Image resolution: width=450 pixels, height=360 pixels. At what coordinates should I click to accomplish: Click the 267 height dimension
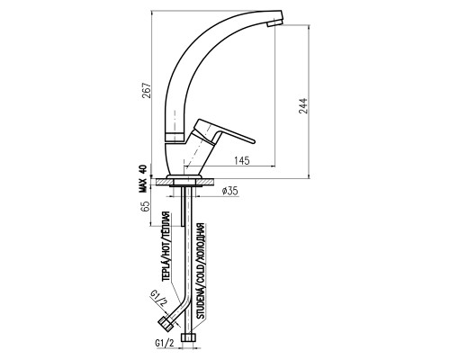147,90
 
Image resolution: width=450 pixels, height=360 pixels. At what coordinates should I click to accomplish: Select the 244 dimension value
303,105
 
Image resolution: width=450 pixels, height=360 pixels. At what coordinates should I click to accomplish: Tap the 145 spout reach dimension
241,161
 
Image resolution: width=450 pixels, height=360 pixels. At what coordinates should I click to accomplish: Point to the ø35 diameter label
230,191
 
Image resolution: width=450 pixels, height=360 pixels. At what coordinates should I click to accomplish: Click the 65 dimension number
145,206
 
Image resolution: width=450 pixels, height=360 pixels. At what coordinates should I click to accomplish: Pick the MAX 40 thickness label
142,178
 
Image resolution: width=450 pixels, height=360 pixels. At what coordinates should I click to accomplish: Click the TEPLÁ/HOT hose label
166,247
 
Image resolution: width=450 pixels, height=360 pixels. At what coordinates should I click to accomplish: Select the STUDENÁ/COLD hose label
200,271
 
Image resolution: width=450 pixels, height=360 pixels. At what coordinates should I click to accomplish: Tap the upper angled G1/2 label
158,298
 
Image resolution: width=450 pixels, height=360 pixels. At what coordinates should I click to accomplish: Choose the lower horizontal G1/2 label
165,343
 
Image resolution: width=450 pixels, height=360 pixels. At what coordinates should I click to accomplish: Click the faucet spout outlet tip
274,23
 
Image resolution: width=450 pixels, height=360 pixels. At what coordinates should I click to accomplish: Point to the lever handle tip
253,141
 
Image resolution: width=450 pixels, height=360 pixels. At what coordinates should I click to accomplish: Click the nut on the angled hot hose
166,324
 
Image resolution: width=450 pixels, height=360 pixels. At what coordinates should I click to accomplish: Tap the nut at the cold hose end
189,337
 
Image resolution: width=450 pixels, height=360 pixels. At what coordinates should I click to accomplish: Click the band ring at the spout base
175,137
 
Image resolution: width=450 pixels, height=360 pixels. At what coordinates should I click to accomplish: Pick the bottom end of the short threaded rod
182,225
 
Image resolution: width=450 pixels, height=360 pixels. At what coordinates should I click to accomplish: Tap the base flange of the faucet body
184,176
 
